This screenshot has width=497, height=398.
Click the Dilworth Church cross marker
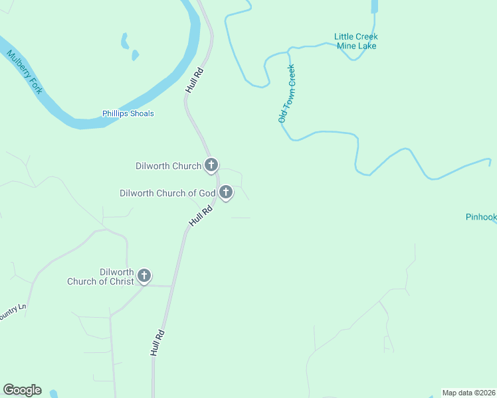pyautogui.click(x=211, y=165)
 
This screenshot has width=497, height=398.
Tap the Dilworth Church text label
pyautogui.click(x=168, y=166)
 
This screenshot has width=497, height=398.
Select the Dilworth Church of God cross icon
pyautogui.click(x=226, y=192)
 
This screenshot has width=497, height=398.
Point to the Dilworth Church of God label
pyautogui.click(x=167, y=193)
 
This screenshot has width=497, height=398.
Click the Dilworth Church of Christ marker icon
pyautogui.click(x=144, y=275)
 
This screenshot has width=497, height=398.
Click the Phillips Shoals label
pyautogui.click(x=128, y=113)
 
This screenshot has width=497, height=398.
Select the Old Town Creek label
pyautogui.click(x=286, y=94)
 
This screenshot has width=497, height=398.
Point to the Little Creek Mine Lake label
pyautogui.click(x=355, y=41)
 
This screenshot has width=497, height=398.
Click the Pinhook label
pyautogui.click(x=481, y=217)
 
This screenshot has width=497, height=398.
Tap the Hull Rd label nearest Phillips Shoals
pyautogui.click(x=194, y=79)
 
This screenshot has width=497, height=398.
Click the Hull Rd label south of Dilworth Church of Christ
pyautogui.click(x=157, y=343)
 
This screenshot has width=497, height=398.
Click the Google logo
pyautogui.click(x=22, y=390)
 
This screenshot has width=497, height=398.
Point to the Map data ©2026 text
pyautogui.click(x=468, y=393)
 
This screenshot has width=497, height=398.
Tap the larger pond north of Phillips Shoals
pyautogui.click(x=124, y=41)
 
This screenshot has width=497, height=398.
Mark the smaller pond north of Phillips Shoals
pyautogui.click(x=135, y=55)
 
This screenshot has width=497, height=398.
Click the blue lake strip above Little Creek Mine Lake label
pyautogui.click(x=374, y=6)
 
